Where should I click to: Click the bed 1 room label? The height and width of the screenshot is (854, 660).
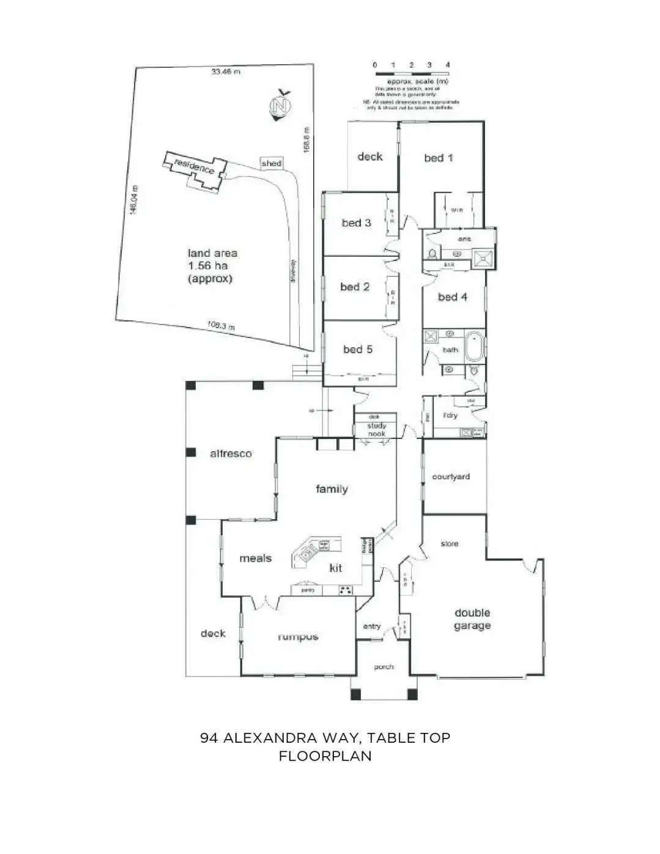(x=439, y=158)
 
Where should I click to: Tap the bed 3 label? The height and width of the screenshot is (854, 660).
(x=356, y=223)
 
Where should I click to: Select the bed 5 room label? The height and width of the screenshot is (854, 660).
(x=357, y=349)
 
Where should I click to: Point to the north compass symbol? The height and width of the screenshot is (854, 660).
(x=280, y=105)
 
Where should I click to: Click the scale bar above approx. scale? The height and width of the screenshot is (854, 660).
(x=412, y=73)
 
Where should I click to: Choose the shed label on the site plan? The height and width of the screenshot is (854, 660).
(x=271, y=163)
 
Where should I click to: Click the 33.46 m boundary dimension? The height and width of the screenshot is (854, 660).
(x=226, y=72)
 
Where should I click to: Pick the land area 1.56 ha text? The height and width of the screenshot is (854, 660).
(x=212, y=266)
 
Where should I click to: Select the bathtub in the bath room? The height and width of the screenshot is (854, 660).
(x=475, y=347)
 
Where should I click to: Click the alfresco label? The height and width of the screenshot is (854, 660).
(x=231, y=454)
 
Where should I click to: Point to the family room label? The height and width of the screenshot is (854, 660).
(x=332, y=488)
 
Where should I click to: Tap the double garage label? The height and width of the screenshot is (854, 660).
(x=472, y=619)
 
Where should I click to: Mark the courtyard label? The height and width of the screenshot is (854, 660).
(x=451, y=477)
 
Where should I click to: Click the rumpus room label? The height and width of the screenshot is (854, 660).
(x=298, y=636)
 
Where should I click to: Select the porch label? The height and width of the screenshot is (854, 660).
(x=384, y=667)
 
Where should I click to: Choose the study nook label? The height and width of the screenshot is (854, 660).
(x=376, y=430)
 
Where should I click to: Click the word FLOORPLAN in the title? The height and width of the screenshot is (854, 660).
(x=325, y=756)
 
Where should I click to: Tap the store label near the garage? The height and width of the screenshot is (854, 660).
(x=449, y=543)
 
